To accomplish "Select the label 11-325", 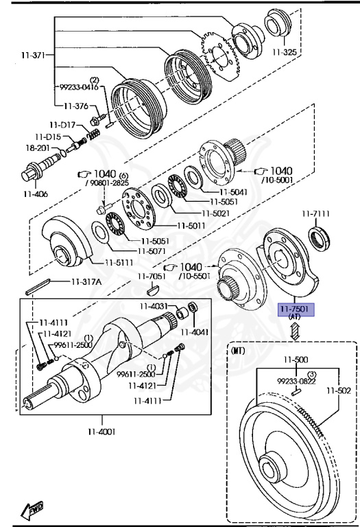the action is [x=285, y=51].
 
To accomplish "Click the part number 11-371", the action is [x=33, y=55].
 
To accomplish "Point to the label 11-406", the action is [x=36, y=194].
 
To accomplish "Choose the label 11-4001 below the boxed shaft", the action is [x=101, y=431].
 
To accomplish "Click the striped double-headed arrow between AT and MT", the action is [x=295, y=331].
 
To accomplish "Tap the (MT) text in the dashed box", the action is [x=238, y=351].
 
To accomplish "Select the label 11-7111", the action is [x=315, y=214].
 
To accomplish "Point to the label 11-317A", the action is [x=86, y=281].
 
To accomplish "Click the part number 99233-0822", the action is [x=296, y=381].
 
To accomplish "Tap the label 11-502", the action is [x=339, y=390].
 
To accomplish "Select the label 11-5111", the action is [x=119, y=262].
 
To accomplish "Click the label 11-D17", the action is [x=62, y=125].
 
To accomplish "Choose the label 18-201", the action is [x=38, y=148].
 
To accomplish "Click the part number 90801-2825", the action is [x=108, y=183].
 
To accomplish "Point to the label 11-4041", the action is [x=195, y=332].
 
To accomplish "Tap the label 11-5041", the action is [x=233, y=192].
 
